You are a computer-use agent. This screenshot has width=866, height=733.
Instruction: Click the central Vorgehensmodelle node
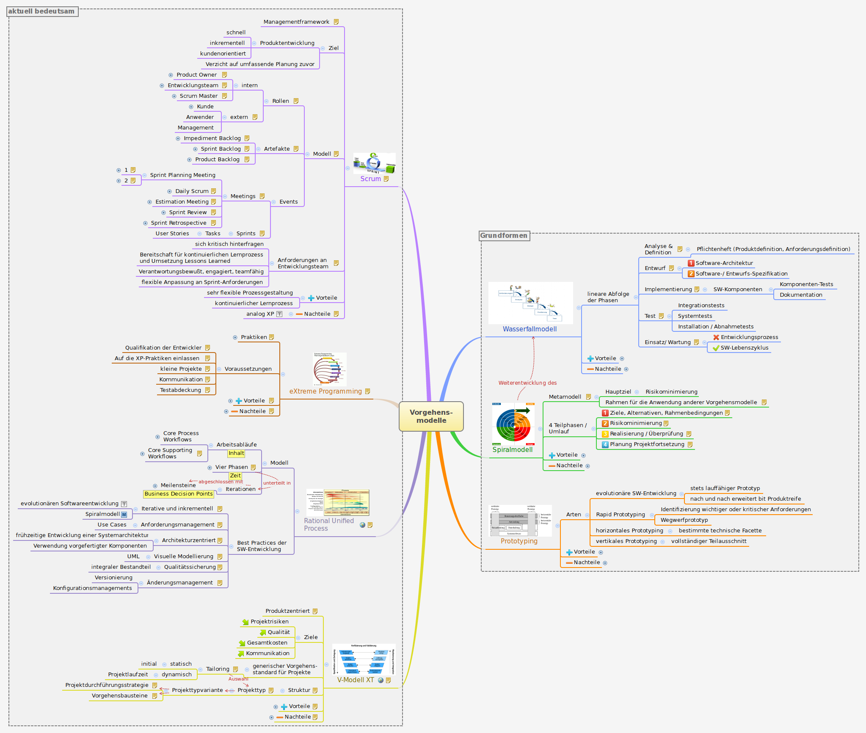[431, 416]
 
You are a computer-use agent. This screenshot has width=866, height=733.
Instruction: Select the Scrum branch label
[370, 179]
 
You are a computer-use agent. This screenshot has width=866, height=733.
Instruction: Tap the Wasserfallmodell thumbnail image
[530, 303]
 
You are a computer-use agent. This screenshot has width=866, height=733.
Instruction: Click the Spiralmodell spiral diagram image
[513, 424]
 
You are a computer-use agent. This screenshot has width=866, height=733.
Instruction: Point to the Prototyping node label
[519, 541]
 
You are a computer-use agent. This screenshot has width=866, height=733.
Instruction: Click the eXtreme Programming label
[325, 391]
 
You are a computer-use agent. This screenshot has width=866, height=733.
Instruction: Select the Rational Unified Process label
[328, 525]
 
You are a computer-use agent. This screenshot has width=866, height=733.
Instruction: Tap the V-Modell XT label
[356, 680]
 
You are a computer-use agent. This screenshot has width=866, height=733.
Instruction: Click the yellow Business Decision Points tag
[178, 494]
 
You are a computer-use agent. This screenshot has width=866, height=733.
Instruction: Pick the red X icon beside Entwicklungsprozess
[716, 337]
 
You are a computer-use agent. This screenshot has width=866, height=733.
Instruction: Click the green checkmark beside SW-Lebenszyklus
[716, 348]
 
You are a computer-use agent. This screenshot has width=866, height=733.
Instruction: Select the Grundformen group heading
[504, 236]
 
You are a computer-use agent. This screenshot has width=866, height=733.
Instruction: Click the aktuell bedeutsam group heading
[41, 11]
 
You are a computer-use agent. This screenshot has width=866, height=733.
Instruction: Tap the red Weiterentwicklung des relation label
[527, 383]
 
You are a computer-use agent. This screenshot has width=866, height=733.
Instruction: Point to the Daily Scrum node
[192, 191]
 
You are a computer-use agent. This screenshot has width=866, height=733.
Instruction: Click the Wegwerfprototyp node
[684, 520]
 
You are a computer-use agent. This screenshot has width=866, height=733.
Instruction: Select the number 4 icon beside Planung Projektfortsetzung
[605, 444]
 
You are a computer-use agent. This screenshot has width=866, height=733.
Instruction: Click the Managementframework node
[296, 22]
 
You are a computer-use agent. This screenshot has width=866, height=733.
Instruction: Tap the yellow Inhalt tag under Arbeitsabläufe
[236, 453]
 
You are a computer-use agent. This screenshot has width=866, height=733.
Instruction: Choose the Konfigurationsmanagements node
[92, 588]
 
